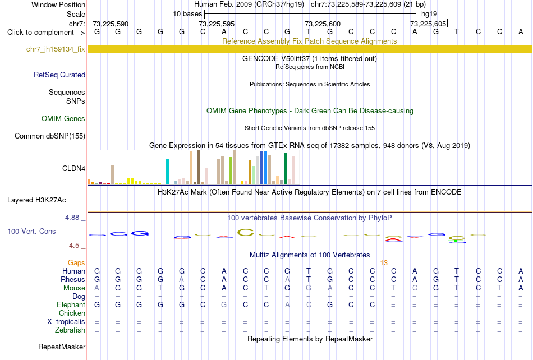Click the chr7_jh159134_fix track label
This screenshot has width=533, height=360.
tap(56, 49)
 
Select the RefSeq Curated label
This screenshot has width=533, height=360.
tap(59, 75)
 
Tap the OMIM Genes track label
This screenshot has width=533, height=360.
tap(63, 118)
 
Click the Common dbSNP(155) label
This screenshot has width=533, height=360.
tap(50, 136)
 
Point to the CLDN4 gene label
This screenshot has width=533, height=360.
tap(73, 168)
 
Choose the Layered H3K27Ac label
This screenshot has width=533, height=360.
tap(36, 200)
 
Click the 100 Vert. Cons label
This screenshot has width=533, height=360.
tap(31, 231)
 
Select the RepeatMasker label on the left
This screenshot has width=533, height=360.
tap(62, 347)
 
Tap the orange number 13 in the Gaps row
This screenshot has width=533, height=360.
tap(384, 263)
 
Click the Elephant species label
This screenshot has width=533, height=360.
tap(71, 304)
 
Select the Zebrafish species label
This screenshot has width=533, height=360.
tap(70, 330)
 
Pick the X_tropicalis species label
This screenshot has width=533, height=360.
tap(66, 321)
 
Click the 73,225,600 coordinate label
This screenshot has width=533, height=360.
tap(323, 24)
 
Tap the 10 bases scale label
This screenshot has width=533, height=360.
tap(187, 14)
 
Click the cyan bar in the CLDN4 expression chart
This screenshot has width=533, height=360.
tap(168, 172)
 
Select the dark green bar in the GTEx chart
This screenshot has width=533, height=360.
tap(285, 169)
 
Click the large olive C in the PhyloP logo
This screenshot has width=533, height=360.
tap(245, 232)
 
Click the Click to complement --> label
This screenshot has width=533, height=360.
tap(45, 33)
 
